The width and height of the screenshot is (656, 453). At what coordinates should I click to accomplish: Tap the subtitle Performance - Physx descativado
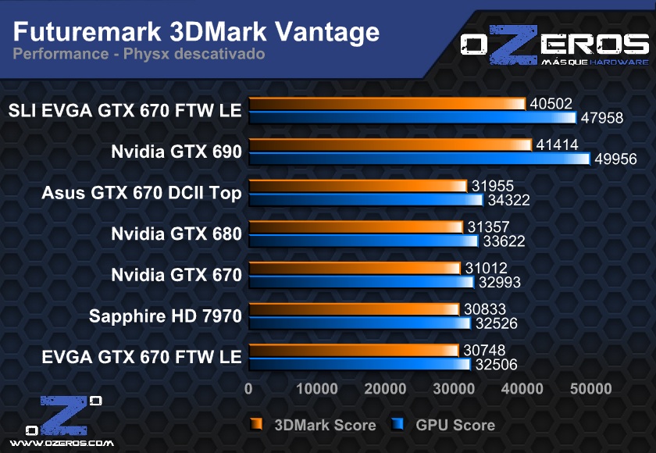click(x=139, y=54)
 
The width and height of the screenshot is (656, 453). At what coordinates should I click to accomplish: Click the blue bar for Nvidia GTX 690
click(x=419, y=159)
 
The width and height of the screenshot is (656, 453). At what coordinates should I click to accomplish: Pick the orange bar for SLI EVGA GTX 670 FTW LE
click(x=387, y=103)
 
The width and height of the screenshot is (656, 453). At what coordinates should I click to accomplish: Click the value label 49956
click(x=615, y=159)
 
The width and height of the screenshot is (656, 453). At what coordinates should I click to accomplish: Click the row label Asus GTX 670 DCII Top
click(x=141, y=193)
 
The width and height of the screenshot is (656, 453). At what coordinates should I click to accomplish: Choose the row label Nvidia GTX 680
click(x=176, y=234)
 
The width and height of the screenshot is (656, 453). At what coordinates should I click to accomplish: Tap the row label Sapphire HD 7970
click(x=166, y=316)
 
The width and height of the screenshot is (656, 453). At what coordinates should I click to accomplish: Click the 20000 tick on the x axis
click(x=385, y=389)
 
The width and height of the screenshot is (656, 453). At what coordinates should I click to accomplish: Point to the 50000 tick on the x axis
click(x=590, y=389)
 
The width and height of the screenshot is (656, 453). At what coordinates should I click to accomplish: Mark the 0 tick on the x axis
click(x=248, y=389)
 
